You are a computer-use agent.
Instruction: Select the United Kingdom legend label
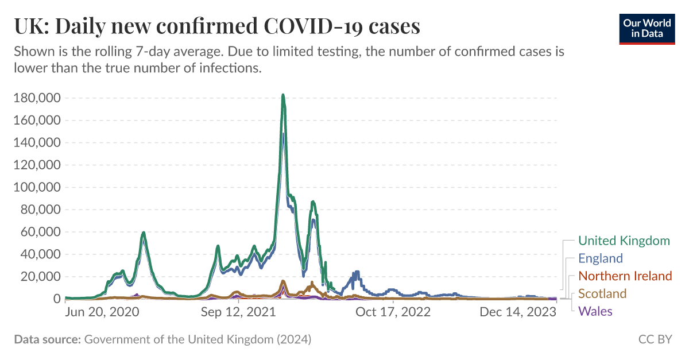click(x=624, y=241)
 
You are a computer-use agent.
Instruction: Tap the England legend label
click(x=600, y=258)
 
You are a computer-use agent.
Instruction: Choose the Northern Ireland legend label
click(x=625, y=276)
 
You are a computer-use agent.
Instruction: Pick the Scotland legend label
click(x=602, y=294)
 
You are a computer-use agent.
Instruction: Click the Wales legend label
click(x=595, y=312)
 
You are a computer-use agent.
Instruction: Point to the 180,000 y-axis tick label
click(x=37, y=98)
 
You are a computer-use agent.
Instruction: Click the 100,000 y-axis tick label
click(x=37, y=188)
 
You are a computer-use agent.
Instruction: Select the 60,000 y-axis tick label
click(x=40, y=233)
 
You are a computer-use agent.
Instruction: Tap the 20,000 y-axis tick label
click(x=40, y=277)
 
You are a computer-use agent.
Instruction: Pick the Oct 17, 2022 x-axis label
click(x=393, y=312)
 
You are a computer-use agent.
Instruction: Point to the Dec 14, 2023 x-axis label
click(x=518, y=312)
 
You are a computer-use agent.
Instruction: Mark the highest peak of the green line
click(x=283, y=95)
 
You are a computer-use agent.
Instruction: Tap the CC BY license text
click(x=655, y=339)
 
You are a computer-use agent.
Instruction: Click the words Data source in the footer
click(x=47, y=339)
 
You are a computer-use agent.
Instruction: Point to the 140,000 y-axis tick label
click(x=37, y=143)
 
